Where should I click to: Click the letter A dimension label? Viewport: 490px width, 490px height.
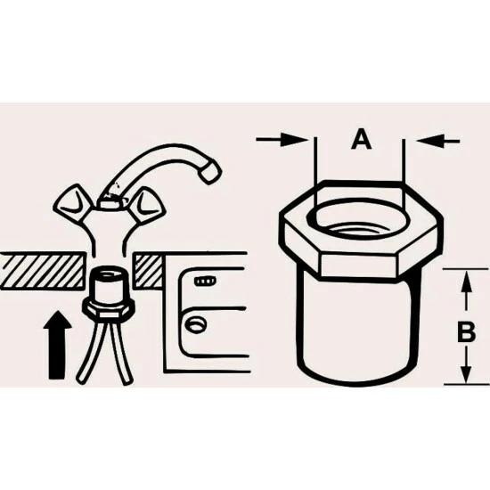[361, 140]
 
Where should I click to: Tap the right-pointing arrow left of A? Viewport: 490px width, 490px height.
[282, 139]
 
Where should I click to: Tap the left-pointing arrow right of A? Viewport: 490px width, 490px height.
[438, 141]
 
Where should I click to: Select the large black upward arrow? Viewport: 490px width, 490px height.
[58, 345]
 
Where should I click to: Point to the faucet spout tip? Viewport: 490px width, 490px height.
[210, 173]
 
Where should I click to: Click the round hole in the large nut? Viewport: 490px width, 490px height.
[362, 219]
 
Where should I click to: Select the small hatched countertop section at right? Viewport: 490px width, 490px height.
[148, 271]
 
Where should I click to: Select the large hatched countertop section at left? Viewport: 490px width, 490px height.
[42, 271]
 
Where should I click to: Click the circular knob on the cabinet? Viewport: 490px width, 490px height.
[195, 325]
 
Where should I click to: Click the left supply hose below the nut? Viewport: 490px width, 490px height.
[90, 352]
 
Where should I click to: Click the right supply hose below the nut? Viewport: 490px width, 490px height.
[121, 353]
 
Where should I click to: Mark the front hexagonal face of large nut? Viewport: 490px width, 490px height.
[358, 265]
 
